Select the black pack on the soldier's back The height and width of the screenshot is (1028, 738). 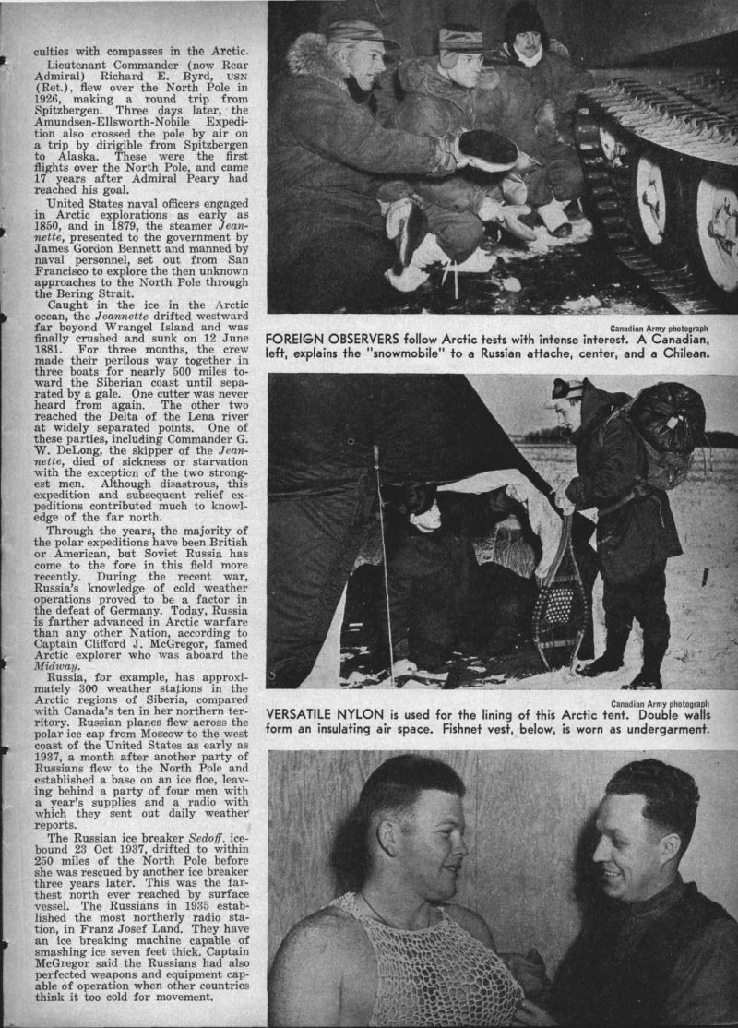[665, 420]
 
